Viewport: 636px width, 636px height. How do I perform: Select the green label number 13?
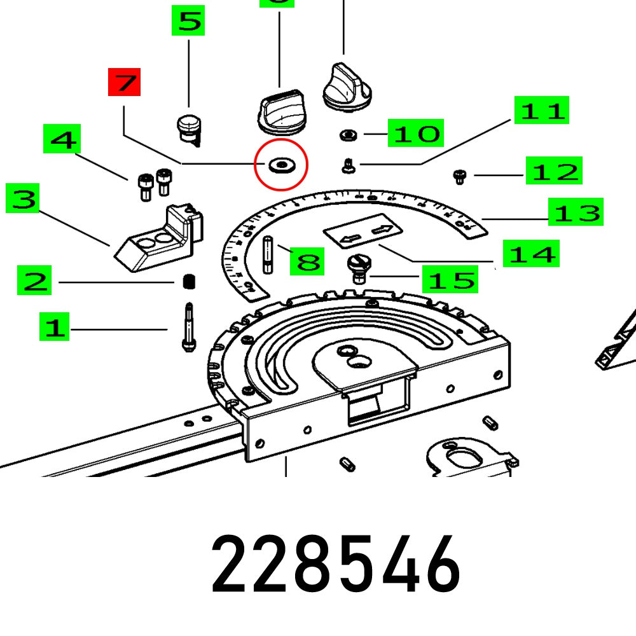click(x=576, y=212)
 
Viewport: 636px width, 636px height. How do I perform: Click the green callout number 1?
click(x=55, y=328)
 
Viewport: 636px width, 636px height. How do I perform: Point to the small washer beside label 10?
click(x=348, y=135)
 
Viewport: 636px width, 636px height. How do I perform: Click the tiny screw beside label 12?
click(x=459, y=176)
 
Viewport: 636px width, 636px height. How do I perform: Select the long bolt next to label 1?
click(x=188, y=328)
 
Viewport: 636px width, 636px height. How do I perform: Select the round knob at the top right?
click(x=347, y=88)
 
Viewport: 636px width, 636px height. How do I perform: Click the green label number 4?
click(x=62, y=139)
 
